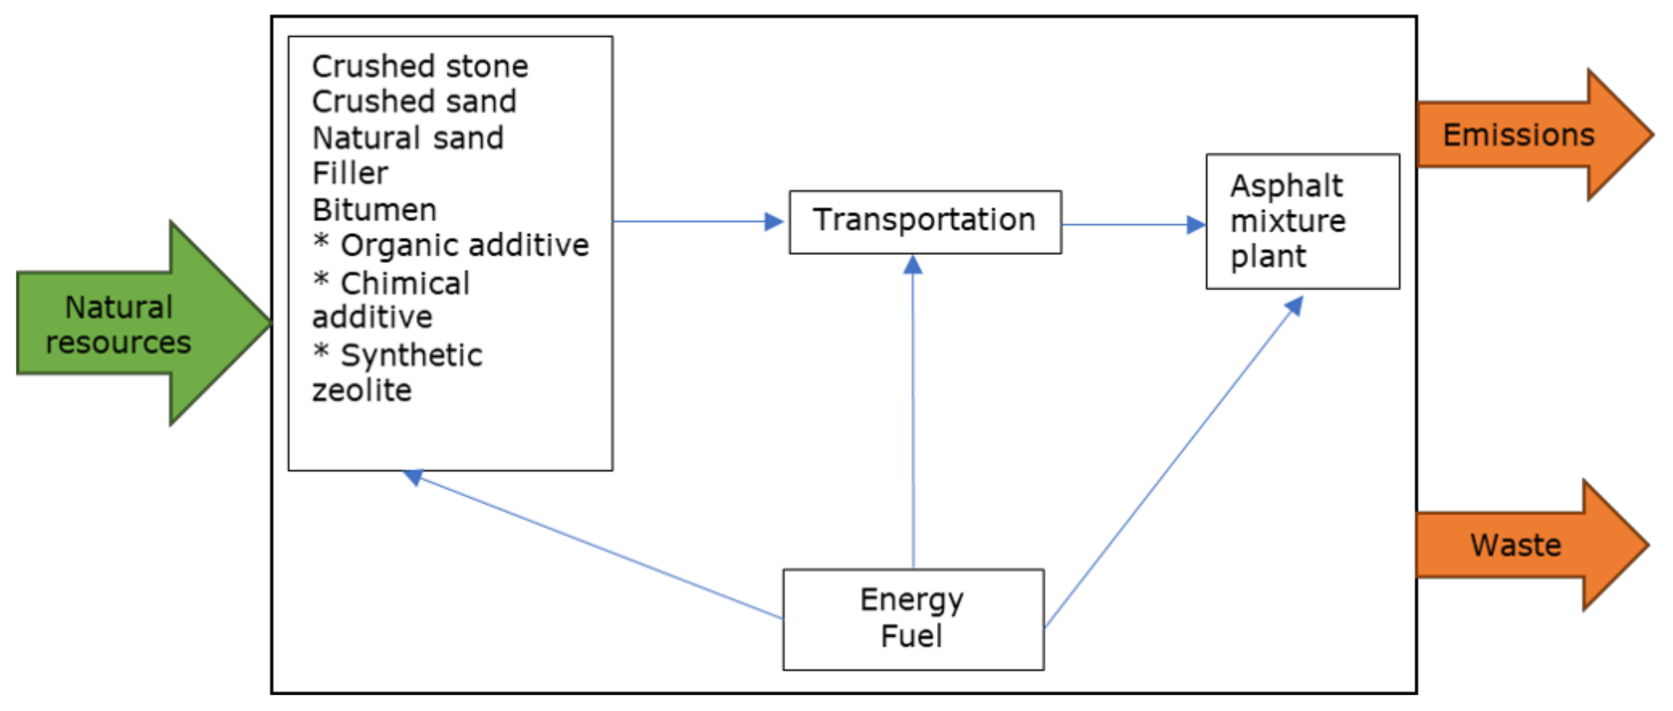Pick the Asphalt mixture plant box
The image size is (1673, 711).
point(1302,221)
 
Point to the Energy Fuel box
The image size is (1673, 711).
point(913,618)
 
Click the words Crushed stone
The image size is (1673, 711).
point(419,66)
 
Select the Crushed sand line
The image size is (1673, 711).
point(414,102)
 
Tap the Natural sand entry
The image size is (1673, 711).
point(407,138)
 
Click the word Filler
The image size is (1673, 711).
point(349,174)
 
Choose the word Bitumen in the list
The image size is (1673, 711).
point(374,210)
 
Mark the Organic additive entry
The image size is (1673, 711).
point(464,246)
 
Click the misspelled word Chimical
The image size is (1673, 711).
point(405,283)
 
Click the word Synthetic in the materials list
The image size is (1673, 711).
point(411,355)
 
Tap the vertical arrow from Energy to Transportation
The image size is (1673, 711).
point(913,416)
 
